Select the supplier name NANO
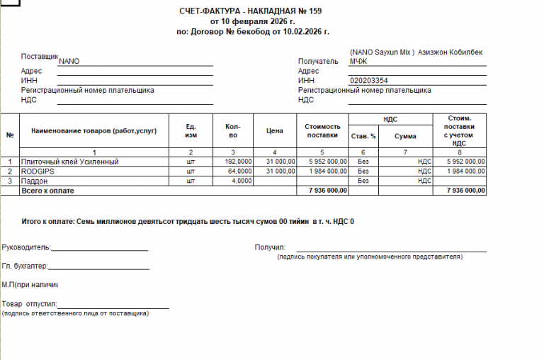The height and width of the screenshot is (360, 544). pyautogui.click(x=69, y=61)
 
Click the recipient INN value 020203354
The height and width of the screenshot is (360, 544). pyautogui.click(x=369, y=81)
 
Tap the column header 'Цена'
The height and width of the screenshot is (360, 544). pyautogui.click(x=275, y=131)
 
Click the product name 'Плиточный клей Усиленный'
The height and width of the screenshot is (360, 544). pyautogui.click(x=69, y=162)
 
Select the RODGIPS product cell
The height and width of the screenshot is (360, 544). pyautogui.click(x=38, y=171)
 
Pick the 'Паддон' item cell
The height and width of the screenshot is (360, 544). pyautogui.click(x=35, y=181)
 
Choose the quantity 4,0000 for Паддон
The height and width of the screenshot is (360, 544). pyautogui.click(x=242, y=181)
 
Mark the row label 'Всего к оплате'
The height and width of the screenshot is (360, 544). pyautogui.click(x=48, y=191)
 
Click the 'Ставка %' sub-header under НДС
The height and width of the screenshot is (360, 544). pyautogui.click(x=363, y=136)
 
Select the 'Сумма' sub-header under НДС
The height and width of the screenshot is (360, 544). pyautogui.click(x=405, y=136)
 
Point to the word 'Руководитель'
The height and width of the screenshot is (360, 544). pyautogui.click(x=25, y=247)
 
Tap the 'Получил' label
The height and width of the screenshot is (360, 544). pyautogui.click(x=269, y=247)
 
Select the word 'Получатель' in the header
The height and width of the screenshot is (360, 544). pyautogui.click(x=317, y=61)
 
